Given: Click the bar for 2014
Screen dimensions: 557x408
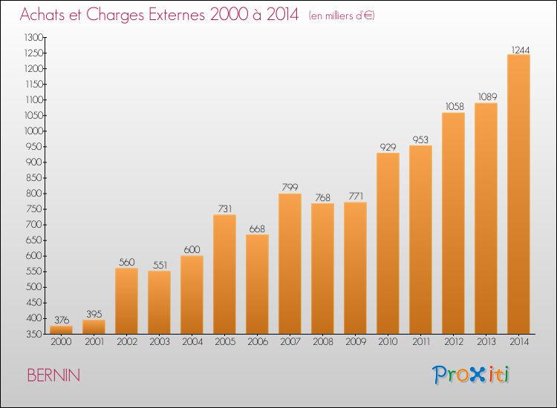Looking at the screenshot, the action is coord(518,194).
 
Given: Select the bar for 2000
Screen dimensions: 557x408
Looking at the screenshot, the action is coord(61,329).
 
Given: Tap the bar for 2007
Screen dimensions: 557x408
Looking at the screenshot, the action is coord(290,263).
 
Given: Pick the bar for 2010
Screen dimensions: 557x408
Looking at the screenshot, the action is coord(388,243).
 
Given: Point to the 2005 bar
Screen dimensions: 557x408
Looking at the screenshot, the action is coord(224,274).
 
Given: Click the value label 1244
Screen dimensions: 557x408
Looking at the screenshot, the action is coord(521,50).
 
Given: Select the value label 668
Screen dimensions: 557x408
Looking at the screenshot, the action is coord(257,228).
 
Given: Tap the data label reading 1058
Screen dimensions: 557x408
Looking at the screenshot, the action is coord(455,106).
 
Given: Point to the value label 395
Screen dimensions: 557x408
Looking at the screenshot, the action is coord(94,314).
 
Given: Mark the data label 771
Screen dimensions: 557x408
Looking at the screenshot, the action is coord(356,196).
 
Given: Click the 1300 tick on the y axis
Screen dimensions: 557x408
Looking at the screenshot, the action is coord(33,37).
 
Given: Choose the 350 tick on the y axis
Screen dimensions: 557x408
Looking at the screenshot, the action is coord(34,335).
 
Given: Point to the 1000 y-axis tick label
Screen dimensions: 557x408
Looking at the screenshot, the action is coord(33,131).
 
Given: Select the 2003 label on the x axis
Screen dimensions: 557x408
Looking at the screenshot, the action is coord(160,342).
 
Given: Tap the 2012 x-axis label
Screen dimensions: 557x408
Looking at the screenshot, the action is coord(454,342).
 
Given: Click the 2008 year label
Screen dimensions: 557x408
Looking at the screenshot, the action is coord(323,342).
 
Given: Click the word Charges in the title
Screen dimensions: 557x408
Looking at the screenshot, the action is coord(115,15).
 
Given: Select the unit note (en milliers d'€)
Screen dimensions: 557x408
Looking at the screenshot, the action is coord(342,16).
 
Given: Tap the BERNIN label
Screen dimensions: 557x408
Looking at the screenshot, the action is coord(53,375).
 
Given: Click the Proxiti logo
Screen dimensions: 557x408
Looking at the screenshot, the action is coord(471,375).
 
